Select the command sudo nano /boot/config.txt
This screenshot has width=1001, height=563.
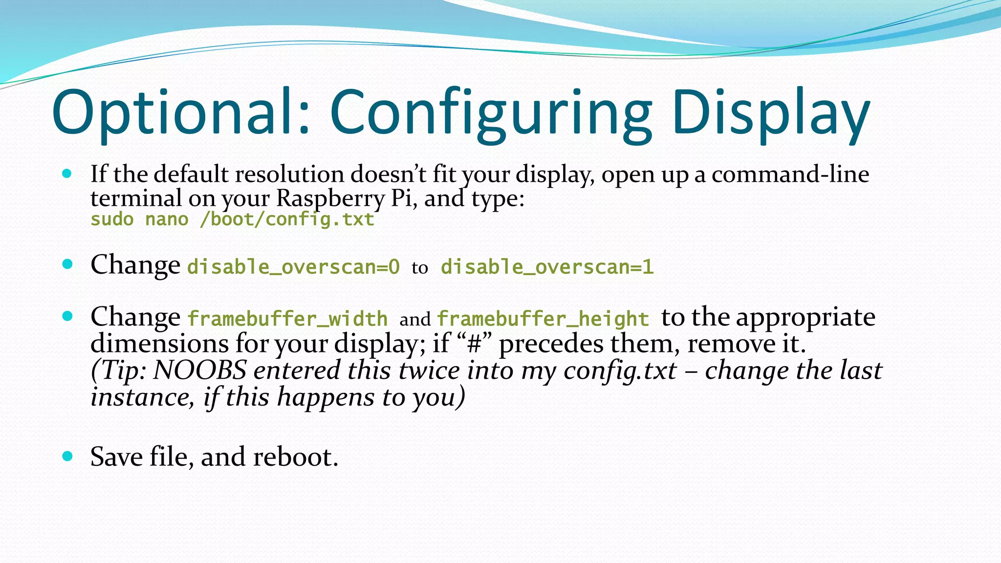232,219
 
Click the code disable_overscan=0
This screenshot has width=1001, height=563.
293,267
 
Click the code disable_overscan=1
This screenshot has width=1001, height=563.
547,267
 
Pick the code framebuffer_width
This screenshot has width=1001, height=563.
287,319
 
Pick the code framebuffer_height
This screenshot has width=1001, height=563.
543,319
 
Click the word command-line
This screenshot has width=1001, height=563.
790,174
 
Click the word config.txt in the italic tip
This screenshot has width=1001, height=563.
620,370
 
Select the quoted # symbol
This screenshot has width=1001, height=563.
474,344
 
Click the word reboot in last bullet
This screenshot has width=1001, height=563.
295,457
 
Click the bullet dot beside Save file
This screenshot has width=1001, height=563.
67,456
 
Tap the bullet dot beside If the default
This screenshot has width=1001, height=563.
67,173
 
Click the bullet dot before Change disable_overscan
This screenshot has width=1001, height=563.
67,264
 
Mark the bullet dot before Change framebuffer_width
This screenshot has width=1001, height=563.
67,316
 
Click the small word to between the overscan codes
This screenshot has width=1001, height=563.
419,268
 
